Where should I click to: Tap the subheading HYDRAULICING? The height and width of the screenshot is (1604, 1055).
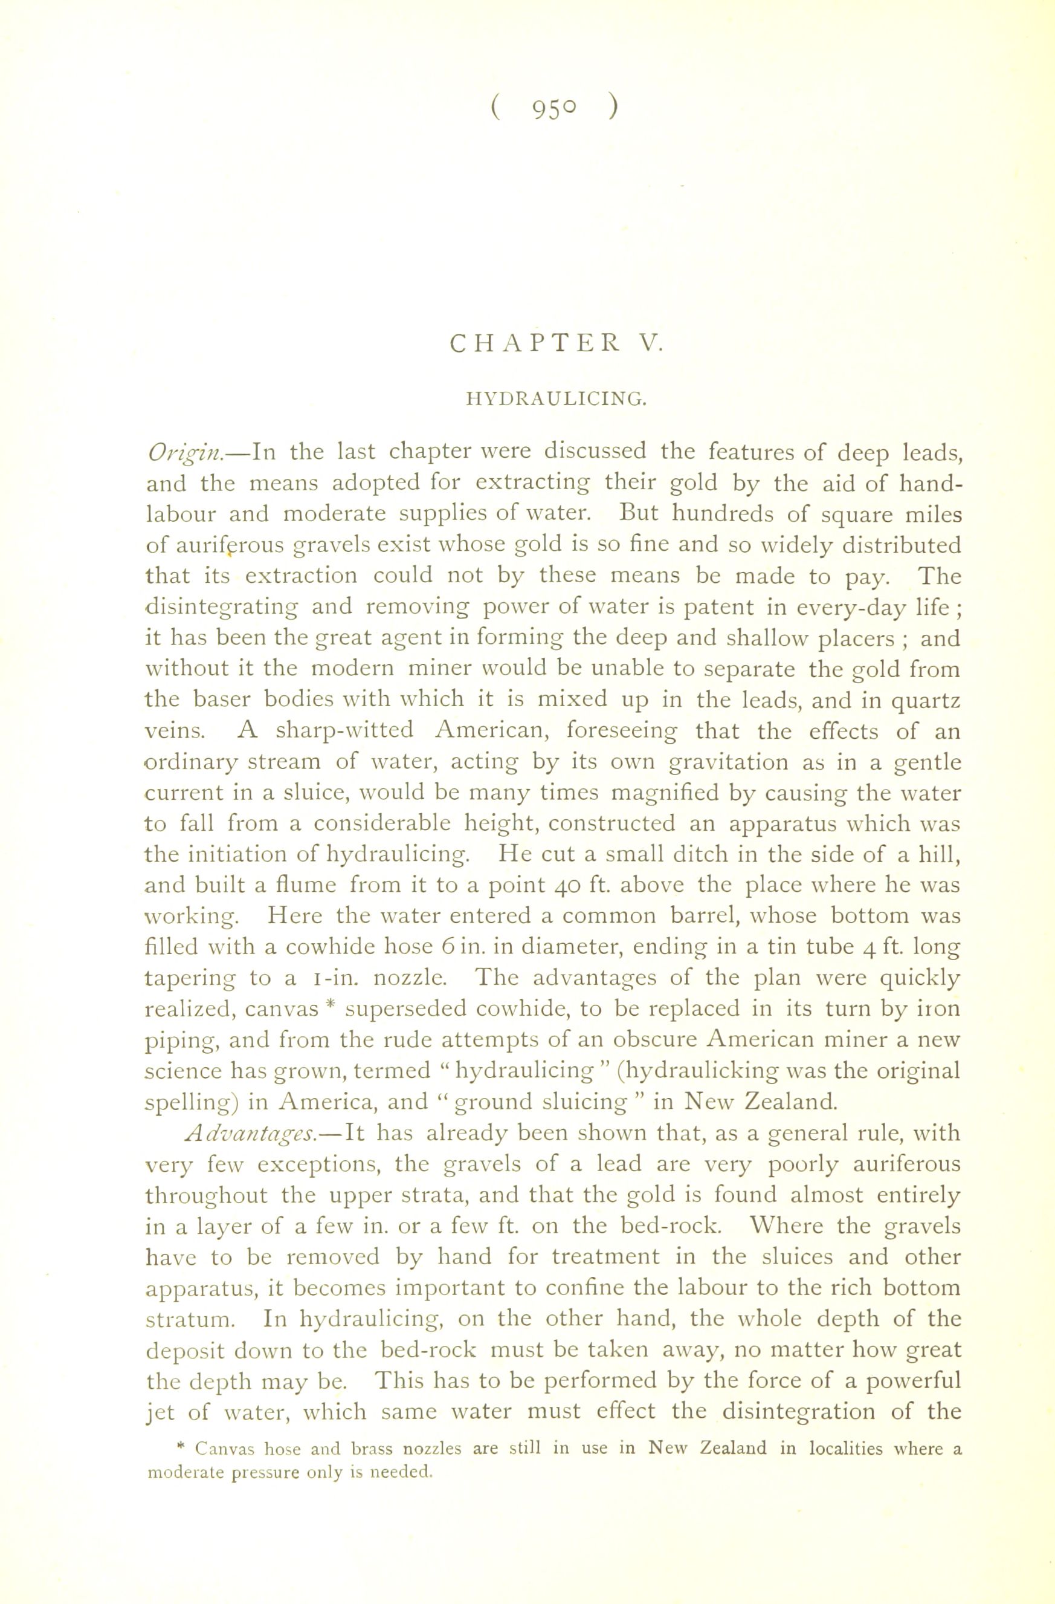tap(557, 400)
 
